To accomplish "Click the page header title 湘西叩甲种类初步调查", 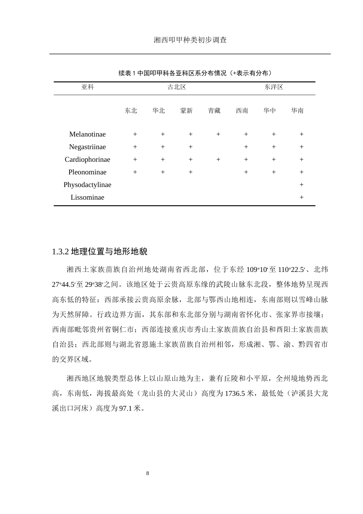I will pos(190,40).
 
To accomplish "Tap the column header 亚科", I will pos(88,87).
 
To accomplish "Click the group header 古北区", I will pos(177,87).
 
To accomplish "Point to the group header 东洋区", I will pos(274,87).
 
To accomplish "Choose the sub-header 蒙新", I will pos(186,111).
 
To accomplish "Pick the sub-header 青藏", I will pos(214,111).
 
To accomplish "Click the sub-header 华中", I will pos(269,111).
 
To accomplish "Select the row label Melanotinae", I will pos(88,134).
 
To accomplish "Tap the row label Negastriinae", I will pos(88,147).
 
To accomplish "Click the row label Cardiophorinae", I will pos(88,159).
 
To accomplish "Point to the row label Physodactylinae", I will pos(88,185).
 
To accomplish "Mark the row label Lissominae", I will pos(88,197).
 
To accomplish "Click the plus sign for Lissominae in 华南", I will pos(301,197).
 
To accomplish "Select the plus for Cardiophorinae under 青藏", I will pos(218,159).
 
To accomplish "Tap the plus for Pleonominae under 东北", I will pos(135,172).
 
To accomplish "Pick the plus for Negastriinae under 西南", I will pos(246,147).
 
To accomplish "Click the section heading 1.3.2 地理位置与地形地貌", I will pos(100,252).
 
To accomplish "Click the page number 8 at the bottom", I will pos(148,473).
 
